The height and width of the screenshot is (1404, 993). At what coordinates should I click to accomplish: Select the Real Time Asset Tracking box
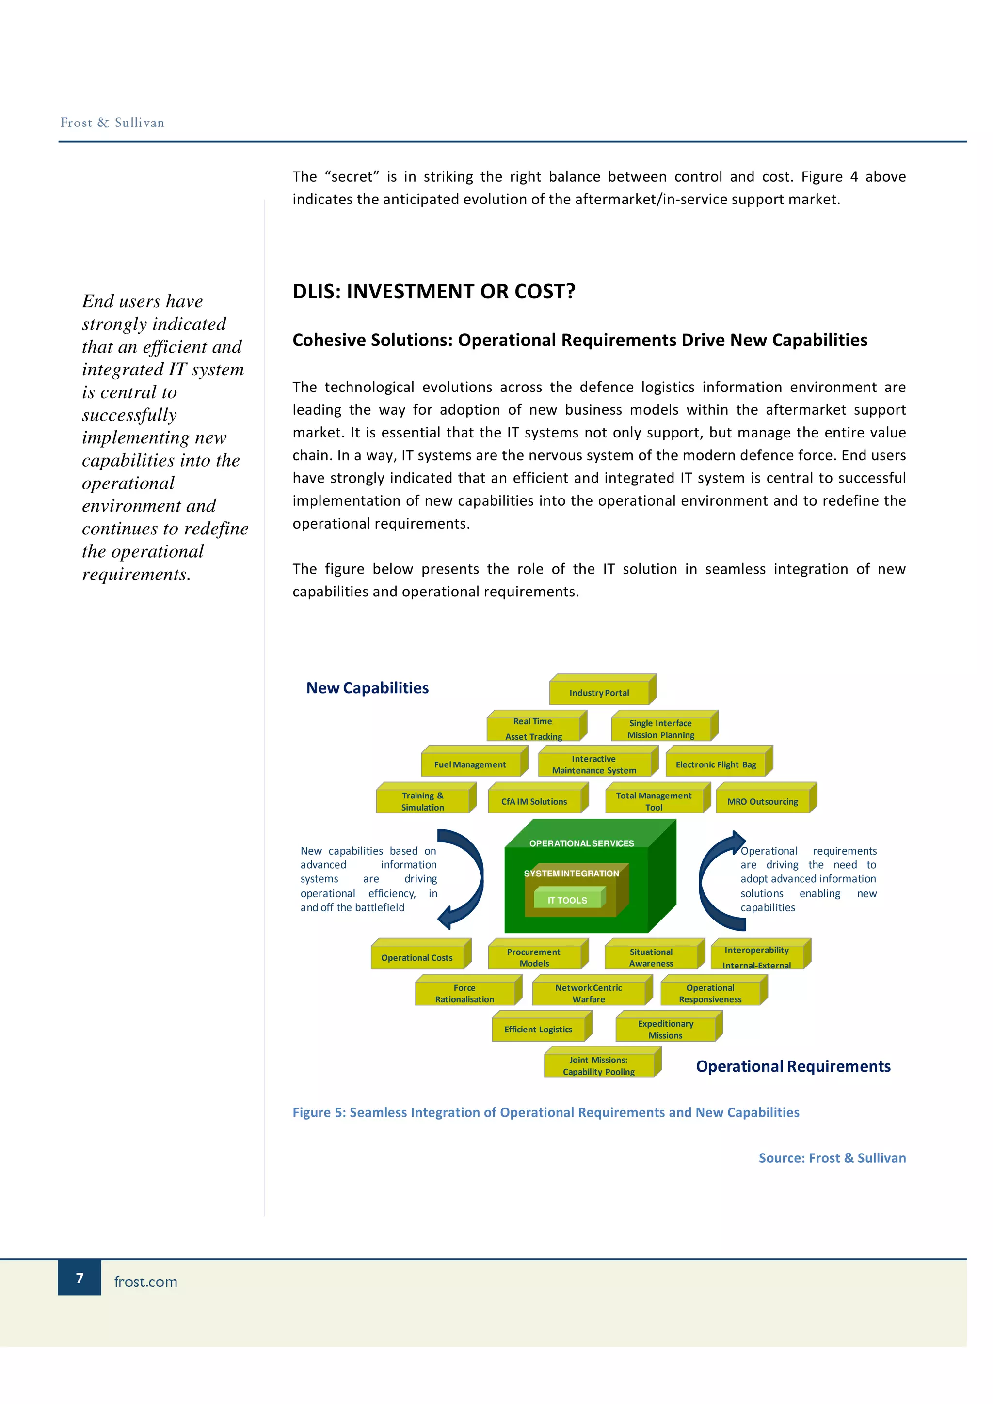coord(533,728)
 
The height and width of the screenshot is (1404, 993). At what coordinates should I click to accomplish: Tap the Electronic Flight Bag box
coord(715,764)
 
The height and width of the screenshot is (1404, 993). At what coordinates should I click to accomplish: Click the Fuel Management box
coord(470,764)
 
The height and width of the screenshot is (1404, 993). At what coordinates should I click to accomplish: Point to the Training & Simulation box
coord(422,801)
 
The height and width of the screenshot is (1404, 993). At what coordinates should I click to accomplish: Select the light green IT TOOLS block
coord(567,900)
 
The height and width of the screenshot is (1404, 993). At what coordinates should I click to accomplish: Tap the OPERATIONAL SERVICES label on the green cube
coord(581,843)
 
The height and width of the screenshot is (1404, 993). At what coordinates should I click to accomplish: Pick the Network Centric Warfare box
coord(588,993)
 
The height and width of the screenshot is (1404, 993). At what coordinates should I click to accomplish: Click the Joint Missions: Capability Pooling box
coord(598,1065)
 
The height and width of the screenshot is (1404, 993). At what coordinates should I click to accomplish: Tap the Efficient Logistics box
coord(538,1029)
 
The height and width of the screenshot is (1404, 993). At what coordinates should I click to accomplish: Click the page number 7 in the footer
coord(80,1278)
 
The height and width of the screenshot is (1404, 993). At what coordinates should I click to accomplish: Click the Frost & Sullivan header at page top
coord(112,122)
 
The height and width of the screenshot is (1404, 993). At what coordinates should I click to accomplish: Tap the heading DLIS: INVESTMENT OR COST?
coord(434,292)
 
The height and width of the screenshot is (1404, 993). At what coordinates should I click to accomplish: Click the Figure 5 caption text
coord(546,1112)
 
